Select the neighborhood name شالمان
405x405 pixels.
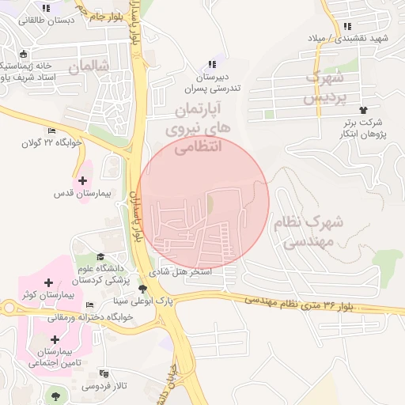click(87, 68)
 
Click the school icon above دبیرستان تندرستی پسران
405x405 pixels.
click(211, 64)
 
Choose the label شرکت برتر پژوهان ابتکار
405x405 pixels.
click(363, 128)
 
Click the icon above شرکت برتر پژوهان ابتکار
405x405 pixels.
click(363, 110)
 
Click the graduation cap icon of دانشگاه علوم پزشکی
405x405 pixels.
click(100, 255)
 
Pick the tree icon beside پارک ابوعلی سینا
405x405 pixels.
click(142, 290)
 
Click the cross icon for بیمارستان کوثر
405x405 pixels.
click(49, 282)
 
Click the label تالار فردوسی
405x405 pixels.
click(102, 387)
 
